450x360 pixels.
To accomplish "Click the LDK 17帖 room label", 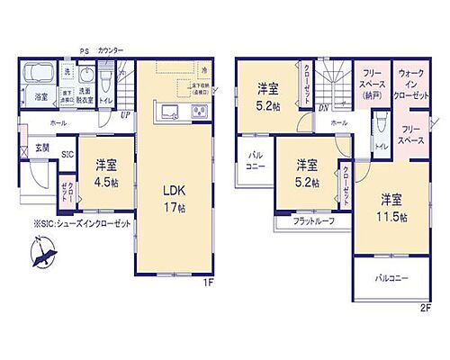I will click(x=174, y=197).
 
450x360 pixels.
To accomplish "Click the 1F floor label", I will click(x=207, y=284).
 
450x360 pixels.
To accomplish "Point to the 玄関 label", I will click(x=42, y=147).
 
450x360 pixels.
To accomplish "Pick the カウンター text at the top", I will click(x=111, y=50).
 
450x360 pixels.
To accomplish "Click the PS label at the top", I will click(x=85, y=50).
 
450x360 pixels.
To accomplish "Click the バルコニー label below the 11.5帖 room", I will click(x=392, y=278).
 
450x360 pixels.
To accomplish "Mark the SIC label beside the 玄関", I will click(x=67, y=154).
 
